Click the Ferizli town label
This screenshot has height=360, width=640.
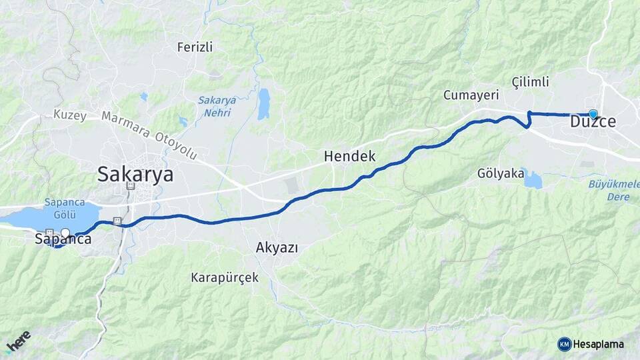click(x=195, y=47)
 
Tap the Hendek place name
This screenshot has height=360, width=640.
click(x=349, y=157)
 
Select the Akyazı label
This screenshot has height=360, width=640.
click(x=276, y=247)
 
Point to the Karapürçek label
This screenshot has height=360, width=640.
click(x=225, y=277)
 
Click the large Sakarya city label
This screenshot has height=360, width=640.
click(x=135, y=174)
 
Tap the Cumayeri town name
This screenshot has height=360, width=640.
click(x=471, y=95)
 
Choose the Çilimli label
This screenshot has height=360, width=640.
click(x=530, y=82)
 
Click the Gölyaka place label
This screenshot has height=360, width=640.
click(x=500, y=173)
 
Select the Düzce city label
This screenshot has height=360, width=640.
click(x=593, y=123)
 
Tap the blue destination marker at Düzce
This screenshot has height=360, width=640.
click(x=593, y=114)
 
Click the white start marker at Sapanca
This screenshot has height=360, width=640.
click(x=65, y=233)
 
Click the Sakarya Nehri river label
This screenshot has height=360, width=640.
click(x=217, y=106)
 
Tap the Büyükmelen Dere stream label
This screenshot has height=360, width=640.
click(x=610, y=190)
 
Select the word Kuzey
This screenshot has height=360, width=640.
click(x=70, y=115)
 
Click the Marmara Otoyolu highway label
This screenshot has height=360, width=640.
click(x=150, y=136)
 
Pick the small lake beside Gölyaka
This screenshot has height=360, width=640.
click(x=533, y=179)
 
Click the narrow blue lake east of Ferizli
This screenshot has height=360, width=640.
click(x=264, y=103)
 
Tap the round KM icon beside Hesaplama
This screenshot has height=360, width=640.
click(x=565, y=344)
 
